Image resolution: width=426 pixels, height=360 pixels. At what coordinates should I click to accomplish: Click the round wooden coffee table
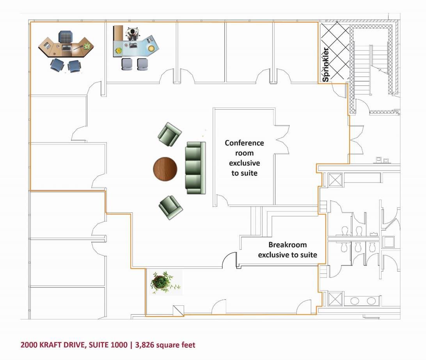click(165, 169)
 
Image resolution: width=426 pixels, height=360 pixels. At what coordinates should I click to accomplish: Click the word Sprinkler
click(325, 64)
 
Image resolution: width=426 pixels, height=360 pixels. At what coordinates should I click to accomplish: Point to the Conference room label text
click(244, 158)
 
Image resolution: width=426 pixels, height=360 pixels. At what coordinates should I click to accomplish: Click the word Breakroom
click(288, 245)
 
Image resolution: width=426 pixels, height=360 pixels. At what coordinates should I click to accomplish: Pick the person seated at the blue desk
click(133, 34)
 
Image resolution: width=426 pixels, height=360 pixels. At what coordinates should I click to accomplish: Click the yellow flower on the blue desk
click(119, 51)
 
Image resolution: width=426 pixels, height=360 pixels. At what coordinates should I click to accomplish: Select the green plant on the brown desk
click(87, 46)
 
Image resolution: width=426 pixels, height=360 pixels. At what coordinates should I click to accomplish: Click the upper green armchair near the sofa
click(170, 134)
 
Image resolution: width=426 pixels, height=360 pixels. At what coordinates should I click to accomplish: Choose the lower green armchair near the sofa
click(170, 207)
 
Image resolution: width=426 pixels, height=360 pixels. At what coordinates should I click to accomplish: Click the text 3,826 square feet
click(165, 345)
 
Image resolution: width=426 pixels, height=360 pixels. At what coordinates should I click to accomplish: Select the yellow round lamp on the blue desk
click(151, 48)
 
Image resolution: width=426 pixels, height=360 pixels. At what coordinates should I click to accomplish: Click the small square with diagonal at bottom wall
click(178, 311)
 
